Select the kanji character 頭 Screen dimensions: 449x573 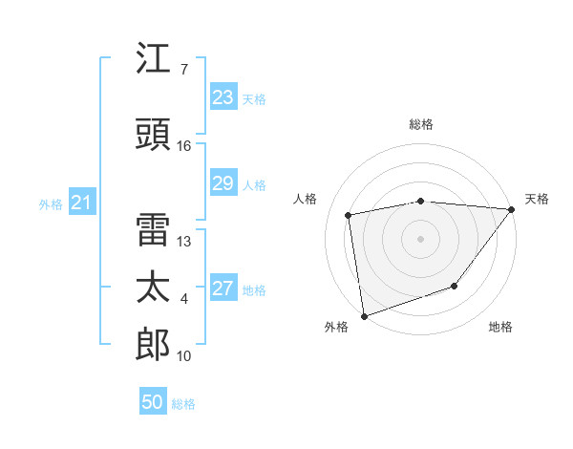154,134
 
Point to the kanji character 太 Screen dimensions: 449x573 154,288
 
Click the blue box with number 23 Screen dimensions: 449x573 223,97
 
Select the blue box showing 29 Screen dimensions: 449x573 223,183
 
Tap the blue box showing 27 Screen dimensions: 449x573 223,289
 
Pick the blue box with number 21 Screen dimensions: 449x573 82,203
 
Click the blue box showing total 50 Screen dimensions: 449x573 153,402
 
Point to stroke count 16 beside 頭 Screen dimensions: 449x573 184,146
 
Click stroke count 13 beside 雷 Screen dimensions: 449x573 184,242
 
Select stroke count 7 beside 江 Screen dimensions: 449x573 183,70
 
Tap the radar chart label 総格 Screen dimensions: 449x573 421,124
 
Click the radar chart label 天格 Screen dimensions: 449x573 537,199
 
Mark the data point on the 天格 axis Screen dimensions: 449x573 513,209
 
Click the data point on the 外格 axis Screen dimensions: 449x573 364,315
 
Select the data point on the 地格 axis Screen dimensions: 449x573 456,286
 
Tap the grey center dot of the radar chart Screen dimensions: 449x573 421,238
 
